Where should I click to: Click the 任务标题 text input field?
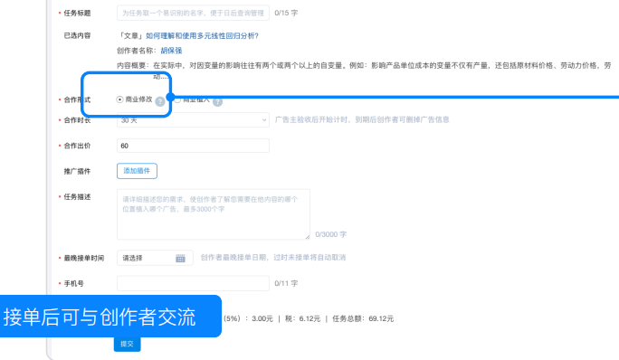(x=192, y=14)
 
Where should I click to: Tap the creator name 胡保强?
(x=172, y=51)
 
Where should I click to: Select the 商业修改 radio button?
(x=120, y=99)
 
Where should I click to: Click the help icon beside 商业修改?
(x=160, y=101)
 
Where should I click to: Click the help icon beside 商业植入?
(x=217, y=101)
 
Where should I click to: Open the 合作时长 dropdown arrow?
(x=263, y=119)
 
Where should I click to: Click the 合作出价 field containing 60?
(x=192, y=146)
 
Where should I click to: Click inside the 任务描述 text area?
(x=213, y=213)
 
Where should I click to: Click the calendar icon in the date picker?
(x=180, y=258)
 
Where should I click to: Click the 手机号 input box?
(x=192, y=283)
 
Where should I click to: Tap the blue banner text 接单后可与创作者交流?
(x=100, y=317)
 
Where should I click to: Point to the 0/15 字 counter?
(x=286, y=14)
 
